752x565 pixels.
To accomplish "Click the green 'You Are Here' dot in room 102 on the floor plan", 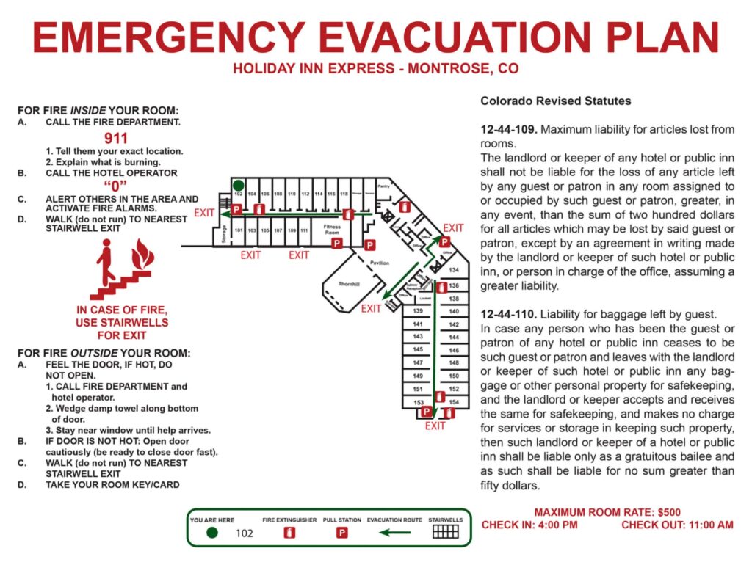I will pos(239,185).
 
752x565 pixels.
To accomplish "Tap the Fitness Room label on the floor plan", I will pos(332,229).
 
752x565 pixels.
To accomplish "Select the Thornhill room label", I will pos(349,284).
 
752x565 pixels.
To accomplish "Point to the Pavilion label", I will pos(380,263).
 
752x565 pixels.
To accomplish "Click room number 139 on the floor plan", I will pos(418,312).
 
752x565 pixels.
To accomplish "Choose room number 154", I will pos(454,402).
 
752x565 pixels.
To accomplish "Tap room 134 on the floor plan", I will pos(454,271).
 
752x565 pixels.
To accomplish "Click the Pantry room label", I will pos(383,186).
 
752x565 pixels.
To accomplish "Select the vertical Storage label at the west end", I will pos(224,234).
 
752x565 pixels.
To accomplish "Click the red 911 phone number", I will pos(116,138).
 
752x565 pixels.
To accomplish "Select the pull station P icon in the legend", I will pos(341,533).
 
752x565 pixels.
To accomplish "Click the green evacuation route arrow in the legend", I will pos(394,533).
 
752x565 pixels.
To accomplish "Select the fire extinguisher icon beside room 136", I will pos(441,288).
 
